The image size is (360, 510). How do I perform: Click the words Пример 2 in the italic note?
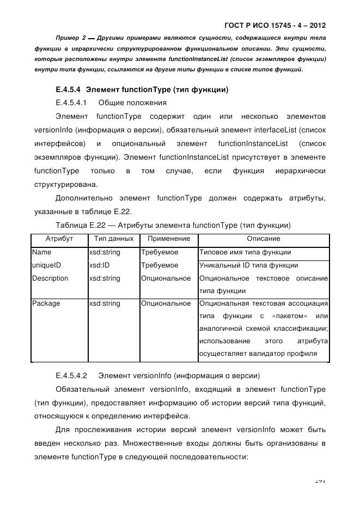(x=71, y=38)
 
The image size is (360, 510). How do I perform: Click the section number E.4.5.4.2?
(x=72, y=376)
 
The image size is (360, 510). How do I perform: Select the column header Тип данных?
(x=113, y=239)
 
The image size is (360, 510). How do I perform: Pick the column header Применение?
(x=169, y=239)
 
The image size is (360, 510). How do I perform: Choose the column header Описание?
(x=264, y=239)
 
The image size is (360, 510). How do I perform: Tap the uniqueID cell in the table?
(x=46, y=265)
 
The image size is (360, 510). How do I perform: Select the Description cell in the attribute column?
(x=50, y=278)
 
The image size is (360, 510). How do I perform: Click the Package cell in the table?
(x=46, y=303)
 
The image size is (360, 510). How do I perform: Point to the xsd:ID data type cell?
(x=100, y=265)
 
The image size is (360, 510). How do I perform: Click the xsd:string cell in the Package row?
(x=104, y=303)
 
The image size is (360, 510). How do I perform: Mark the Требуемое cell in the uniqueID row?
(x=160, y=265)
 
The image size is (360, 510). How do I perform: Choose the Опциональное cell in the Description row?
(x=166, y=278)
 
